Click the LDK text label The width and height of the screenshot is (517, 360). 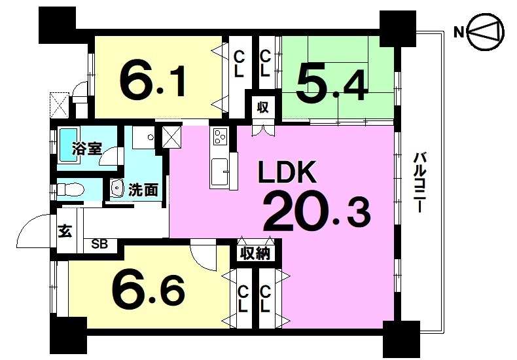tap(287, 171)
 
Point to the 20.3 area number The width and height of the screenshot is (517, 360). tap(317, 213)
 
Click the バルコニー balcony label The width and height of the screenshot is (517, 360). tap(419, 183)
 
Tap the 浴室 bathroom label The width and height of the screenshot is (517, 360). tap(87, 149)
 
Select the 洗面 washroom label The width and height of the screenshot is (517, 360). tap(143, 190)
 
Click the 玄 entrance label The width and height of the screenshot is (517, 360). tap(65, 231)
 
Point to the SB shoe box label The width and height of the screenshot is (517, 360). tap(99, 245)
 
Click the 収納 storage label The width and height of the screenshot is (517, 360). tap(255, 253)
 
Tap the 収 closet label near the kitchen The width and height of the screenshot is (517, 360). tap(263, 107)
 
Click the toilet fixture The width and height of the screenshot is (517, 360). tap(70, 190)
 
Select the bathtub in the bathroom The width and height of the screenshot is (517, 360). tap(69, 145)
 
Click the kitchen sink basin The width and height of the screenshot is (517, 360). tap(219, 172)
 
